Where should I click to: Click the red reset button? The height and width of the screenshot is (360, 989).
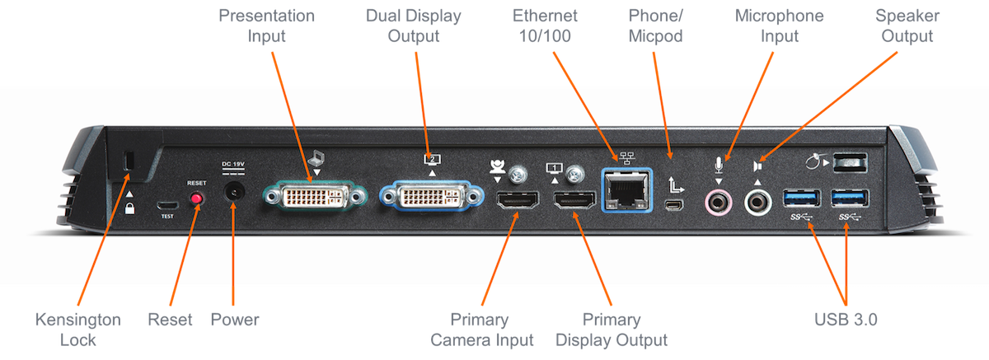196,199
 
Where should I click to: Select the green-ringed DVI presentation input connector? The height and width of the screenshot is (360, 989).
313,198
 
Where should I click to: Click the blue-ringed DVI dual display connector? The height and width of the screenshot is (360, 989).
430,198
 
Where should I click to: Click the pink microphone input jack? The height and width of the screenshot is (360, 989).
717,199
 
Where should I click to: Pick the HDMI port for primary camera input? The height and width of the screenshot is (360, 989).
517,200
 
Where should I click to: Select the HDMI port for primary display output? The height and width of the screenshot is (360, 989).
574,200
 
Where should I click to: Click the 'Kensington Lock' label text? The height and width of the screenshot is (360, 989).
77,327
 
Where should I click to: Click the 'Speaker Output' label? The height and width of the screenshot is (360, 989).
904,26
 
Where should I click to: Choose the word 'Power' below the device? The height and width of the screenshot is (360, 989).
234,319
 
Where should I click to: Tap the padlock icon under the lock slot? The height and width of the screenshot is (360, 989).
130,208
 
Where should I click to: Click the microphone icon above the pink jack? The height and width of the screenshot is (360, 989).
719,166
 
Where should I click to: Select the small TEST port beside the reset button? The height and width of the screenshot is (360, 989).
168,203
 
